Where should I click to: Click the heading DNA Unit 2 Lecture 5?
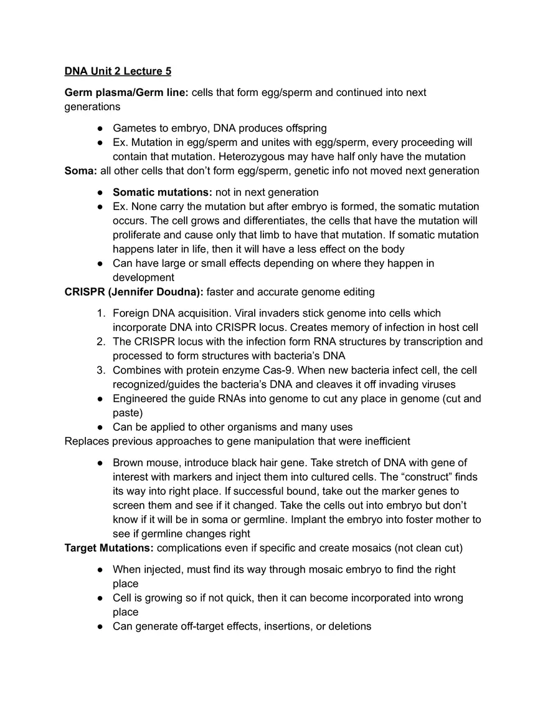pyautogui.click(x=118, y=71)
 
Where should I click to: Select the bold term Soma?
pyautogui.click(x=80, y=171)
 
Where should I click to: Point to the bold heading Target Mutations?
pyautogui.click(x=109, y=548)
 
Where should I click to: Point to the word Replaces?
pyautogui.click(x=87, y=441)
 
